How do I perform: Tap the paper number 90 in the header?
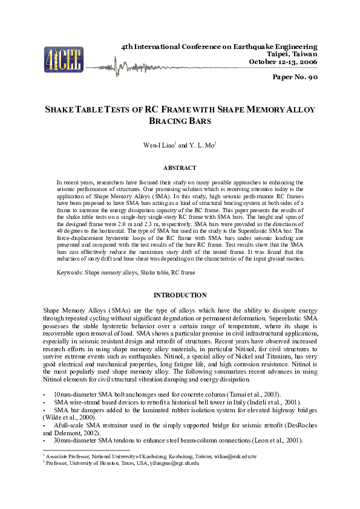[x=295, y=77]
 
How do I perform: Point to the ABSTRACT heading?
[x=180, y=167]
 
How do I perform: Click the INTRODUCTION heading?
[x=180, y=295]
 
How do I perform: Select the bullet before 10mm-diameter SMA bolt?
[x=45, y=394]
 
